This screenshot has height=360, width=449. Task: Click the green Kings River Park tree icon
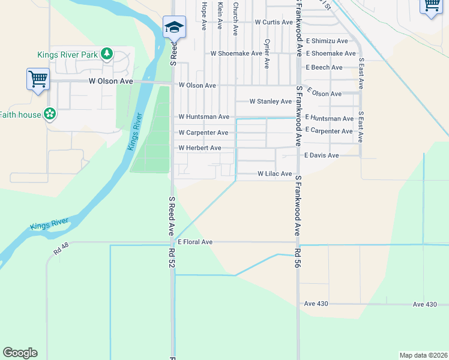click(x=106, y=55)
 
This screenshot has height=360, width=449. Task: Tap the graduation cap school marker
click(x=174, y=27)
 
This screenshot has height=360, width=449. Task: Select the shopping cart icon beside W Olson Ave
click(x=38, y=79)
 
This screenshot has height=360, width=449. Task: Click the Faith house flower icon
click(x=50, y=114)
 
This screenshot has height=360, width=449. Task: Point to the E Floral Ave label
click(x=195, y=242)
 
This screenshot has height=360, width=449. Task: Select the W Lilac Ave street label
click(x=274, y=173)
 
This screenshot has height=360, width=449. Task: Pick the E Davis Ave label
click(x=321, y=155)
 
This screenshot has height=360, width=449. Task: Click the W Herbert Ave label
click(x=200, y=148)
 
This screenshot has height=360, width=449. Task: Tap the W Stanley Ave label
click(x=270, y=101)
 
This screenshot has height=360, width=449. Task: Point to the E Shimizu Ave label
click(x=327, y=41)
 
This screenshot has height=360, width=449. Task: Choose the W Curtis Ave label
click(x=274, y=22)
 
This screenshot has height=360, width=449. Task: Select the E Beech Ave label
click(x=324, y=67)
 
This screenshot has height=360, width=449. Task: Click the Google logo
click(x=20, y=352)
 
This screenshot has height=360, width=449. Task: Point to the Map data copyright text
click(x=423, y=355)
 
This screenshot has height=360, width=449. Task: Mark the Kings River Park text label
click(x=67, y=55)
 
